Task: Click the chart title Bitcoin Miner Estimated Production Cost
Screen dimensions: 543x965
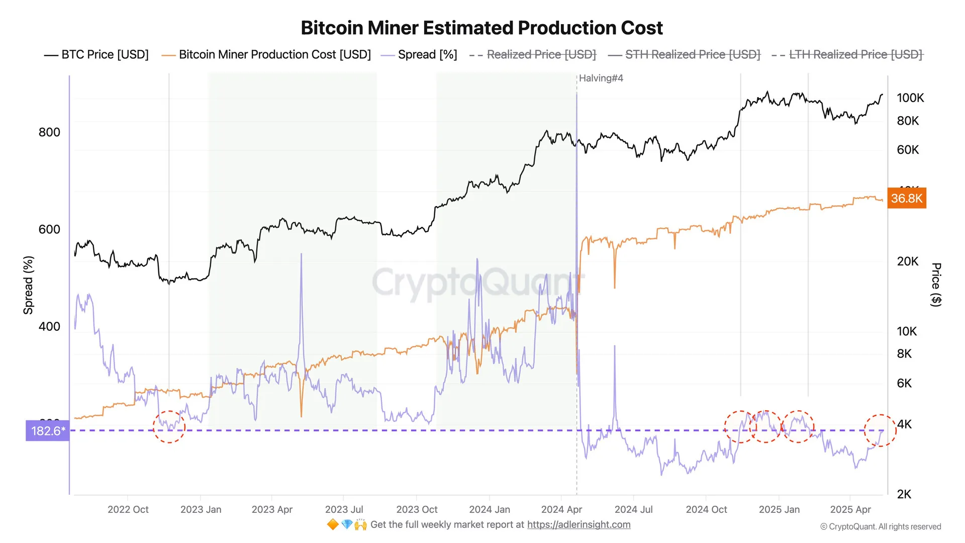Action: (x=481, y=28)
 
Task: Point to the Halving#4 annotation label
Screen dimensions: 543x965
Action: (x=601, y=78)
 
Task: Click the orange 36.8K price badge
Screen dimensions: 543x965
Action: (x=907, y=199)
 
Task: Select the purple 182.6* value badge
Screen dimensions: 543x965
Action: (x=48, y=431)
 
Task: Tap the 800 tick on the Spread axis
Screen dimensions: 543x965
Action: (x=49, y=132)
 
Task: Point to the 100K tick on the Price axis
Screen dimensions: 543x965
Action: (x=910, y=98)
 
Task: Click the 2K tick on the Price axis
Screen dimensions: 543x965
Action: (x=904, y=494)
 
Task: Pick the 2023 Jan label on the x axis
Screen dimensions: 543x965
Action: (x=201, y=509)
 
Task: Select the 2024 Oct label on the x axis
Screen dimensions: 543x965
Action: (x=706, y=509)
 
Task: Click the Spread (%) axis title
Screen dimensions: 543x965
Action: (x=29, y=285)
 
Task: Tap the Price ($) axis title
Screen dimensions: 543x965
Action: (x=936, y=285)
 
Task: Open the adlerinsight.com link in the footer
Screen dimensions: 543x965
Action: (x=578, y=524)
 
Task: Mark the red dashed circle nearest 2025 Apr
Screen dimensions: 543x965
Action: (x=880, y=430)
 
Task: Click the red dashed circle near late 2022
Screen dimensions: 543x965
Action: (x=169, y=427)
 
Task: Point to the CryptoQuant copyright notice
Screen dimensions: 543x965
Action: (x=881, y=526)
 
